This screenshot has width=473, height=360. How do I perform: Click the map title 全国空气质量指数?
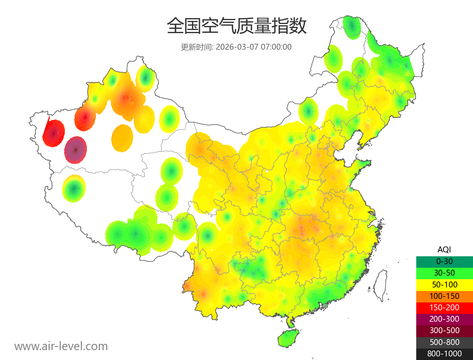click(236, 26)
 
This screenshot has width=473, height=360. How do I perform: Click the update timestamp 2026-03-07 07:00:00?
click(254, 47)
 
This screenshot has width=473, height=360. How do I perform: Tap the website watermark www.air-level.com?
click(61, 346)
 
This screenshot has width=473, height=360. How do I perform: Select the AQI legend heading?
click(444, 249)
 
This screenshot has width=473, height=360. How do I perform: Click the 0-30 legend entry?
click(444, 261)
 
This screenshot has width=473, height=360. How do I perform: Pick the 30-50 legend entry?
click(444, 272)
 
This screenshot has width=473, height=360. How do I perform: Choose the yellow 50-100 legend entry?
click(444, 284)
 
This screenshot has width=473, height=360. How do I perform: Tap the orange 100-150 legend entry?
click(444, 296)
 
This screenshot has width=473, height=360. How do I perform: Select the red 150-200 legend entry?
click(444, 307)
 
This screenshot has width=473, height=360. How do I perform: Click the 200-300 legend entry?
click(444, 319)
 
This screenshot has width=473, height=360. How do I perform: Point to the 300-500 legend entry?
click(444, 330)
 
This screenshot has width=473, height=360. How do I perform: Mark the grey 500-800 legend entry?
click(444, 342)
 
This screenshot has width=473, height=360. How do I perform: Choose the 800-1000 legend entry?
click(444, 354)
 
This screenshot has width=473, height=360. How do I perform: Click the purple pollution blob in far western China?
click(75, 150)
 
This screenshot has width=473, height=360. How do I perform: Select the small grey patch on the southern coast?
click(325, 305)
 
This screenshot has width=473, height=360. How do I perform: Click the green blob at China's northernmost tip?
click(351, 27)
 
